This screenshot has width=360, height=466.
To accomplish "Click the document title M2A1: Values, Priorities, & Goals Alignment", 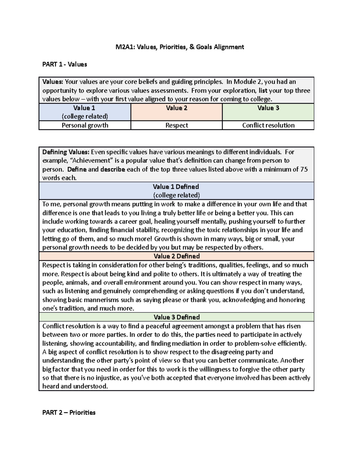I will pos(180,47).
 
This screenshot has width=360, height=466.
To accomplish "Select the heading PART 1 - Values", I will pos(64,64).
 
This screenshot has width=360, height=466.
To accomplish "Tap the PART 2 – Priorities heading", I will pos(69,413).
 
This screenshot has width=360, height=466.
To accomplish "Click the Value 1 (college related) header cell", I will pos(85,112).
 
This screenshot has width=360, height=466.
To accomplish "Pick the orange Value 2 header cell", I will pos(176,112).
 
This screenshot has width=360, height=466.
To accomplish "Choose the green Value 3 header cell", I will pos(268,112).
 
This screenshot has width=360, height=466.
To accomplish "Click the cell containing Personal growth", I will pos(85,125).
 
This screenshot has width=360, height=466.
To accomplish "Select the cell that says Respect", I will pos(176,125).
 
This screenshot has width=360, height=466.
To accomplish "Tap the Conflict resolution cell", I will pos(268,125).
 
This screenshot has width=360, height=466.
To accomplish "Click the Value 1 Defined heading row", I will pos(176,191).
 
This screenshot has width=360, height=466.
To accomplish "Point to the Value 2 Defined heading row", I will pos(176,256).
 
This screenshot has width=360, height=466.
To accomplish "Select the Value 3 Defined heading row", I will pos(176,317).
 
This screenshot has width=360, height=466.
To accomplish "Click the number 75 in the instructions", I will pos(304,169).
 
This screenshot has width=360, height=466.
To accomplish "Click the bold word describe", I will pos(112,169).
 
